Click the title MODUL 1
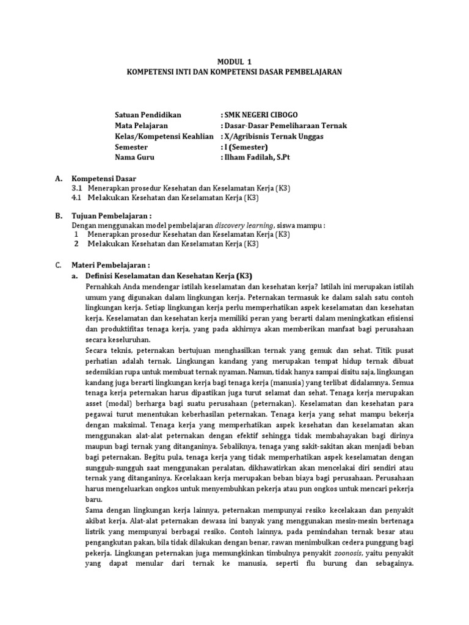(x=234, y=62)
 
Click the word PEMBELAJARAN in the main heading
(x=312, y=71)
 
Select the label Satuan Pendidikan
(x=148, y=115)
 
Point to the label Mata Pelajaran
(x=142, y=126)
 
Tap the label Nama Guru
(x=135, y=157)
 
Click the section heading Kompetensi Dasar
(x=104, y=179)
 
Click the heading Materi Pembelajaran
(x=111, y=266)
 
